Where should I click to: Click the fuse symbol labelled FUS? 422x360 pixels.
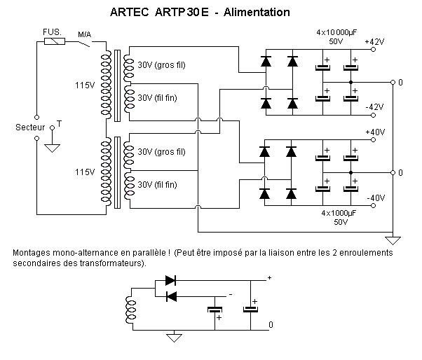[55, 41]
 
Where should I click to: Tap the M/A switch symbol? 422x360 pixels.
[85, 44]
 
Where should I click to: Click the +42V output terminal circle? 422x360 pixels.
[373, 50]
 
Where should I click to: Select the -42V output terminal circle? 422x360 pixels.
[373, 116]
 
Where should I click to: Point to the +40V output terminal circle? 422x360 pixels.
[373, 140]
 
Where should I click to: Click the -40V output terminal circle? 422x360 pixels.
[373, 206]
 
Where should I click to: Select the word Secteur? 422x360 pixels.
[30, 127]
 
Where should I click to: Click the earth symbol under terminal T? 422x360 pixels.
[52, 148]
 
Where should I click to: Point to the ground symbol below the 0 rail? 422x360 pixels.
[393, 240]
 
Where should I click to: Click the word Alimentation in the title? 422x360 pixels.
[257, 13]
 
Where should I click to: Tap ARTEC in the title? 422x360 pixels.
[130, 13]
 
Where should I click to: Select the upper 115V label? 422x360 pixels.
[85, 85]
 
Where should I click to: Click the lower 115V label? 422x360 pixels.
[85, 172]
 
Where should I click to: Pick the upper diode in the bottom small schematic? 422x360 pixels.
[170, 280]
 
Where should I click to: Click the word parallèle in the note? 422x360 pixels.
[151, 253]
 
